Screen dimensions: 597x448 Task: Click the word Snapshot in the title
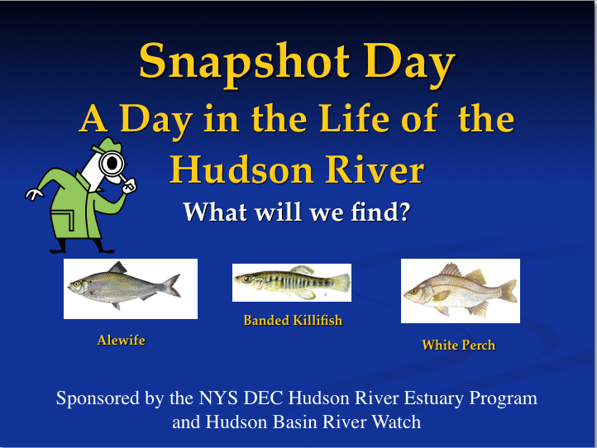[244, 63]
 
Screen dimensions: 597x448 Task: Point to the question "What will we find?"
[297, 212]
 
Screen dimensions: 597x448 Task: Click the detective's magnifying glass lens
[112, 164]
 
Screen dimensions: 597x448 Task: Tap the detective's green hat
[107, 145]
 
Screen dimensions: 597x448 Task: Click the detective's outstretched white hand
[34, 193]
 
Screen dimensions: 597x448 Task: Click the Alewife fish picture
[131, 288]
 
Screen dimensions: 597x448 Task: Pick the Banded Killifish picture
[292, 283]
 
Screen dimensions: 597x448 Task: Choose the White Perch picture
[461, 291]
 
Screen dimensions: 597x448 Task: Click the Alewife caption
[121, 340]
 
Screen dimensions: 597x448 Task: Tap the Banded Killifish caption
[293, 320]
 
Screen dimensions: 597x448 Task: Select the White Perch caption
[458, 345]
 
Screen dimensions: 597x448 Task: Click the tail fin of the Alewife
[171, 285]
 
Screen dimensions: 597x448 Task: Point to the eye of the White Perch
[414, 292]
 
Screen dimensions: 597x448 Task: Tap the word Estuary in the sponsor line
[433, 399]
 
